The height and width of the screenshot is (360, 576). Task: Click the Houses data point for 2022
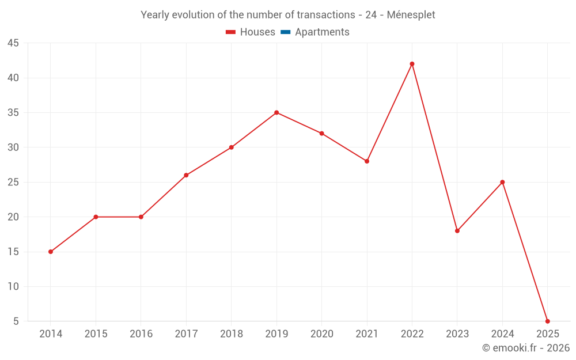click(x=412, y=64)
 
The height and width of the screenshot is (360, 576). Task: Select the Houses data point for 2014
click(x=51, y=252)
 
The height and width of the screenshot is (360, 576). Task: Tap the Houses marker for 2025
click(x=547, y=321)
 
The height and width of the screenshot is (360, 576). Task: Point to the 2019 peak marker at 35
click(x=276, y=112)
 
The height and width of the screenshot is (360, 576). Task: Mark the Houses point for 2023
click(x=457, y=231)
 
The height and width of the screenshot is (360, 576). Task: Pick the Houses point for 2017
click(x=186, y=175)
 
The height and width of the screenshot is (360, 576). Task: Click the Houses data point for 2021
click(x=367, y=161)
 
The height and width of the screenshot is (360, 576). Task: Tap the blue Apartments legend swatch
click(x=285, y=32)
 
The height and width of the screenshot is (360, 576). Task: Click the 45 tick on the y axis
click(x=13, y=43)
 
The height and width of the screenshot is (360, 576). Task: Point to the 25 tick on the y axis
click(x=13, y=182)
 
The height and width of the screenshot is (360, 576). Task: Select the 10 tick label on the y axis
click(x=13, y=286)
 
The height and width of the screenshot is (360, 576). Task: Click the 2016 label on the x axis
click(x=141, y=334)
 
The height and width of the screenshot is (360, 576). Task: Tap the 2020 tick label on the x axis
click(x=321, y=334)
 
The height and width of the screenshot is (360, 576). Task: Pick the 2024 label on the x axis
click(x=502, y=334)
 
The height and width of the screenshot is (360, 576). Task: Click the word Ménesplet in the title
click(x=411, y=14)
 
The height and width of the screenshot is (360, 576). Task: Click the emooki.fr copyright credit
click(x=526, y=348)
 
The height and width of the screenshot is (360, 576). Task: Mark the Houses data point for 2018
click(x=232, y=147)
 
